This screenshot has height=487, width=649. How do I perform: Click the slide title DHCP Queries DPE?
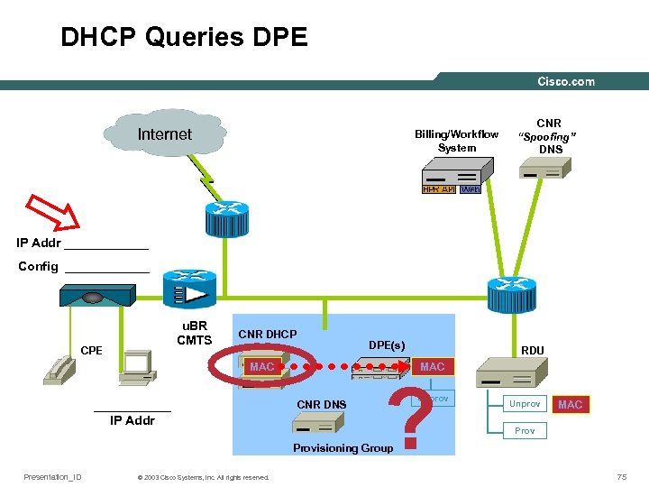[x=184, y=37]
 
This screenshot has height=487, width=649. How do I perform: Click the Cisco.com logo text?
[x=566, y=81]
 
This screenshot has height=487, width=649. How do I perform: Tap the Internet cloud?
[x=164, y=135]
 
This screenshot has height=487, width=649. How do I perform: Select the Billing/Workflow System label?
[x=456, y=141]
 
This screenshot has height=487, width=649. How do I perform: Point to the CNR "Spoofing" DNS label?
[x=549, y=136]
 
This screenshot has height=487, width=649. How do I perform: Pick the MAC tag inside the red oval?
[x=261, y=367]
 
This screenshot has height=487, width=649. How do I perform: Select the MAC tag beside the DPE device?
[x=432, y=367]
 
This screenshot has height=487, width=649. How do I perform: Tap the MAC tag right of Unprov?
[x=570, y=404]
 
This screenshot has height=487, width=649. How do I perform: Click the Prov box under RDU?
[x=525, y=431]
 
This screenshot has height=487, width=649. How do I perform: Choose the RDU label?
[x=533, y=351]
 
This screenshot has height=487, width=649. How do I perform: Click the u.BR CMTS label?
[x=194, y=333]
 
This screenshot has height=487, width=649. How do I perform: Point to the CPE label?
[x=91, y=350]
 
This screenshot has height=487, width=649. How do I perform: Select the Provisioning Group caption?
[x=343, y=448]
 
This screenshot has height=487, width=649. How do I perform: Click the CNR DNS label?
[x=321, y=404]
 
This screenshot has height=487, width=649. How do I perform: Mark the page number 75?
[x=621, y=476]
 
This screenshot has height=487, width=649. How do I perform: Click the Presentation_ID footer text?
[x=52, y=477]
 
